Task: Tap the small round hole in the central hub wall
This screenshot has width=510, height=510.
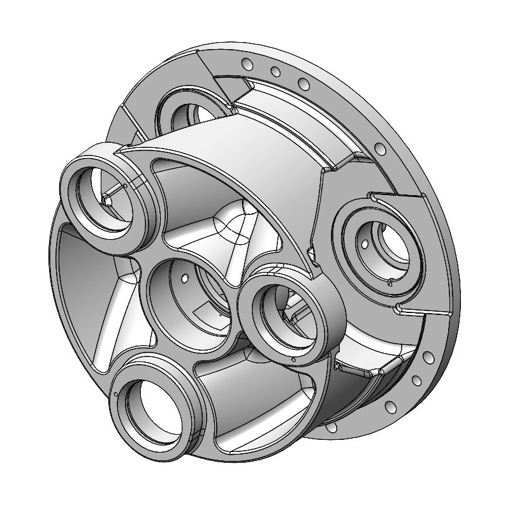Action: [184, 279]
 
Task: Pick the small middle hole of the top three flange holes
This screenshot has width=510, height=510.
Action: [274, 71]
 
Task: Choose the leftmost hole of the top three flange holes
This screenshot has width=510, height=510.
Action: [247, 63]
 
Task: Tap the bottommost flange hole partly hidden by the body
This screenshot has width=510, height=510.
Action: [332, 429]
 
